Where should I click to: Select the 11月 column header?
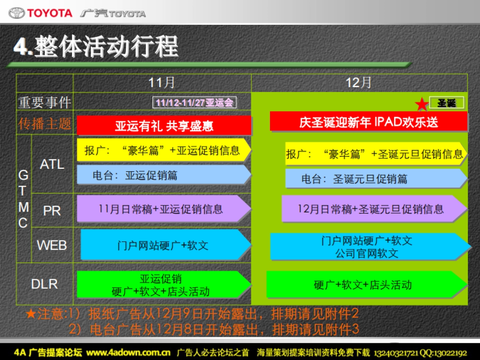click(162, 83)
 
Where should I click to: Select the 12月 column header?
click(359, 83)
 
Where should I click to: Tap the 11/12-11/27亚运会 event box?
click(194, 103)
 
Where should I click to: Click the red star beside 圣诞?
click(421, 104)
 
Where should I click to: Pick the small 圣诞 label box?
click(447, 103)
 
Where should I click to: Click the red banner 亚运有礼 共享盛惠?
click(164, 126)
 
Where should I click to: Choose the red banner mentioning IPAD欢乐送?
click(368, 122)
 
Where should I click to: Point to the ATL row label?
click(52, 164)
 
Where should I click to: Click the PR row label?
click(52, 211)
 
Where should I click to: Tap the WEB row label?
click(52, 245)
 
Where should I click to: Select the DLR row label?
click(44, 284)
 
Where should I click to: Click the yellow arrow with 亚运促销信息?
click(163, 150)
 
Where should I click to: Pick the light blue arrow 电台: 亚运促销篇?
click(163, 175)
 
